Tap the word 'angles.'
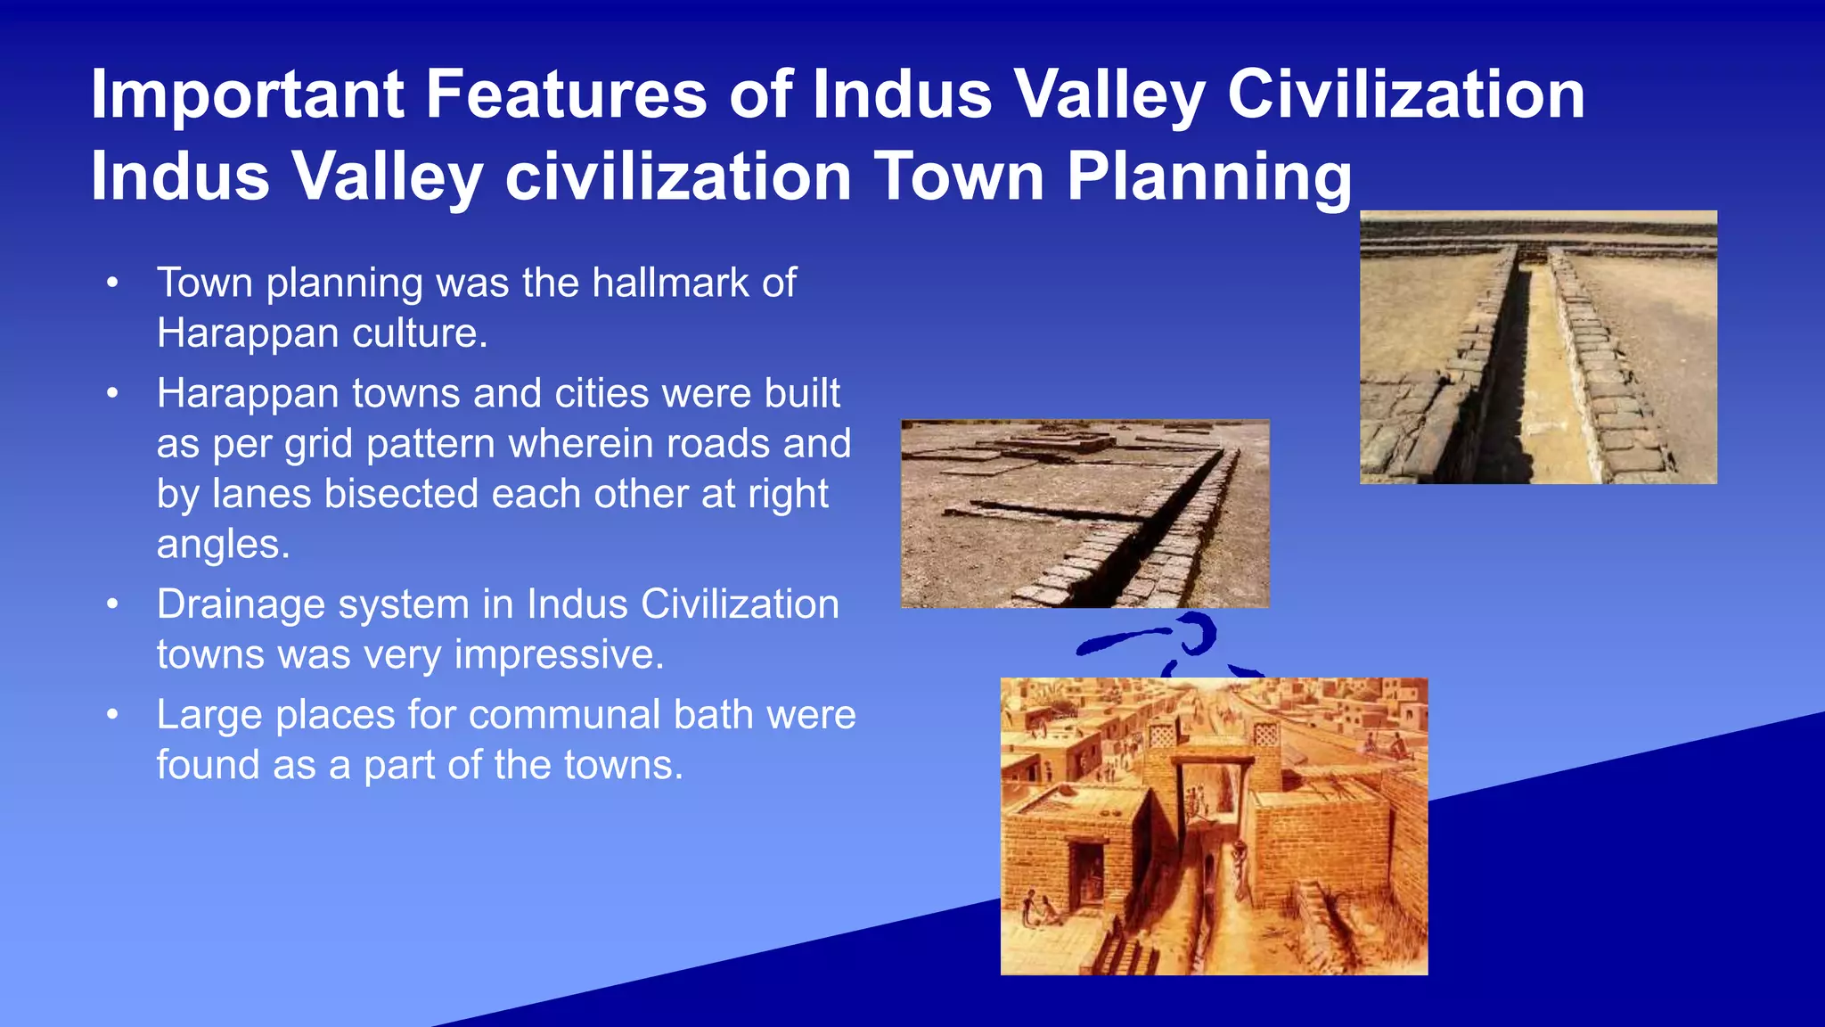(x=224, y=544)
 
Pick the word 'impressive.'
(x=559, y=654)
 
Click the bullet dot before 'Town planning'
(x=111, y=283)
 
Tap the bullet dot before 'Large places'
(x=111, y=715)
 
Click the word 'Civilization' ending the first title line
(x=1405, y=94)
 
